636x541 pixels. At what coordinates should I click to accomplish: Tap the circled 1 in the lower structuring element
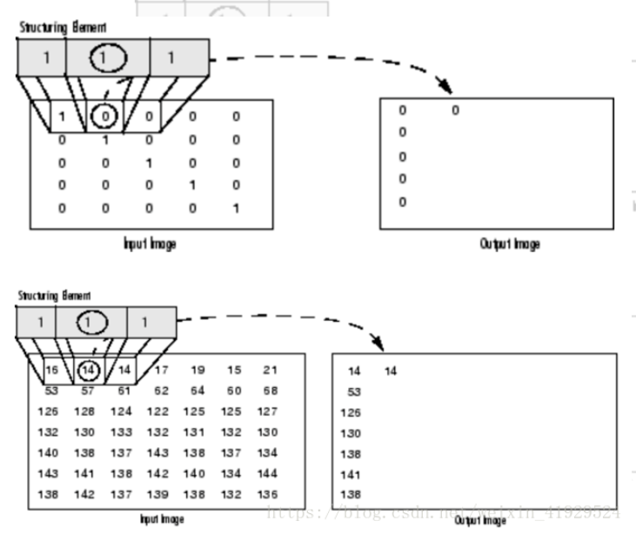(x=90, y=321)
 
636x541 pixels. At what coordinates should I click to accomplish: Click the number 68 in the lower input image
(x=270, y=391)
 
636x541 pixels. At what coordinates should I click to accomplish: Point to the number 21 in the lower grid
(x=270, y=371)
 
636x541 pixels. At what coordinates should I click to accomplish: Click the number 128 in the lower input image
(x=86, y=411)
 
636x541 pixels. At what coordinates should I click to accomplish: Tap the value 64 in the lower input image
(x=197, y=391)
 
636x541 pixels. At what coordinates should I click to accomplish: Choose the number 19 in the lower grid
(x=197, y=371)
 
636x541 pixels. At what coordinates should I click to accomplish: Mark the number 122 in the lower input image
(x=161, y=411)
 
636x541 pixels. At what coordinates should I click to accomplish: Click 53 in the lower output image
(x=354, y=392)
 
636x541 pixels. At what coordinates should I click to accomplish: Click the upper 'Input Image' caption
(x=150, y=244)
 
